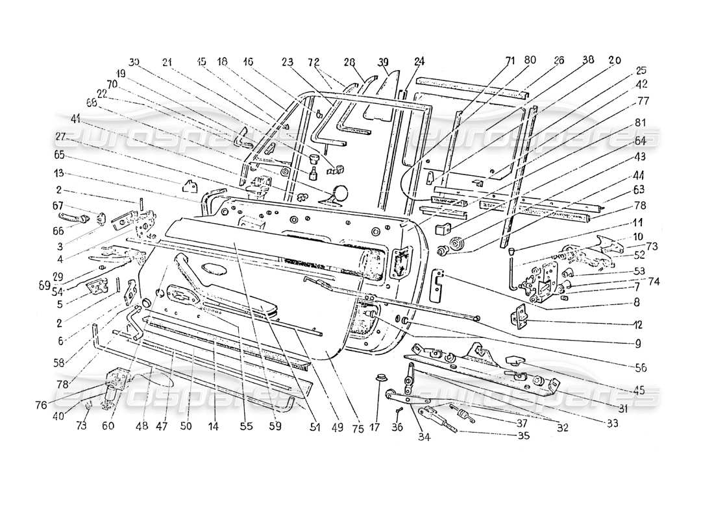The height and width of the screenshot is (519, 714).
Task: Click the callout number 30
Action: [x=134, y=62]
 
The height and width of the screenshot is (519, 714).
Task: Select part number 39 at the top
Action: [x=384, y=62]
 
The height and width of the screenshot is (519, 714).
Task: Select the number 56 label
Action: [x=640, y=367]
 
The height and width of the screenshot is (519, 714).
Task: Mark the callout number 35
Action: [x=523, y=435]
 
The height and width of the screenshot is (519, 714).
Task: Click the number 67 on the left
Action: [x=58, y=206]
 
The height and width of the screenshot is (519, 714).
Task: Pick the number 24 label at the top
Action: [x=419, y=62]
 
